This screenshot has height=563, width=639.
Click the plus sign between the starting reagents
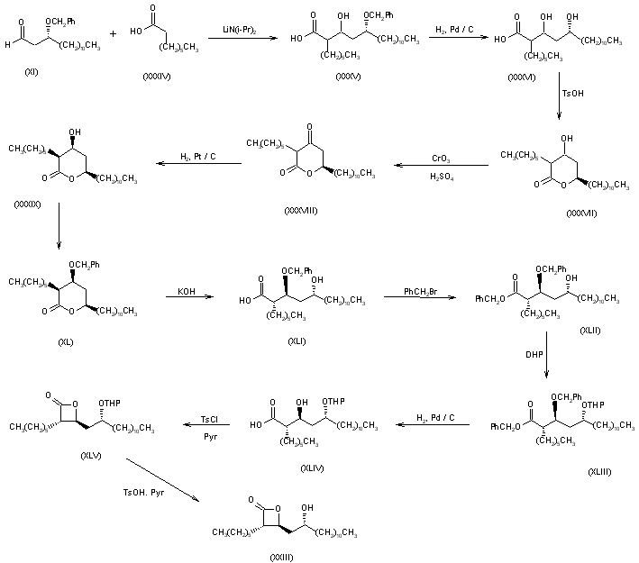[114, 35]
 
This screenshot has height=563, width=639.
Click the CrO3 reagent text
[443, 158]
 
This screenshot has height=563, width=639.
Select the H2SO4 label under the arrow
[443, 176]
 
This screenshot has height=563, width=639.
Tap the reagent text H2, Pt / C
[196, 157]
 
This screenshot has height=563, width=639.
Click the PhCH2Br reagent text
[407, 289]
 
